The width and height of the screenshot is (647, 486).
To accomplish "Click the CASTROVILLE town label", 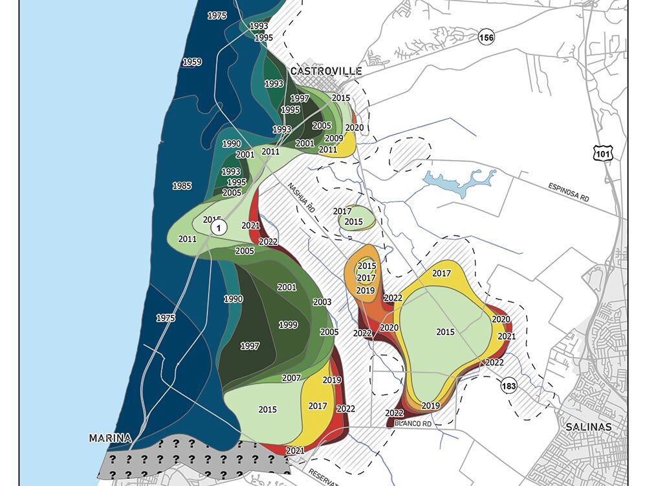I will [325, 71].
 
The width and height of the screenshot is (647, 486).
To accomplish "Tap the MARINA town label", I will [110, 438].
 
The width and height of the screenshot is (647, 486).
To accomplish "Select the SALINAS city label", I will [588, 427].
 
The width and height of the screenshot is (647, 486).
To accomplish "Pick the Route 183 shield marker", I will [509, 386].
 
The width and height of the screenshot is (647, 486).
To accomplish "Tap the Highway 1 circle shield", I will [219, 227].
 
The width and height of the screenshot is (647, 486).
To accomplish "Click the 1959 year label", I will [192, 62].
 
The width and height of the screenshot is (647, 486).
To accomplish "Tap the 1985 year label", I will [182, 186].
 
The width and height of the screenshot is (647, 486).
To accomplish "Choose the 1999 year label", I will [288, 325].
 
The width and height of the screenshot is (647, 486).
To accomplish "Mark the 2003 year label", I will [322, 302].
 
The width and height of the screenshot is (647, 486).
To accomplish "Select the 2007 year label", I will [292, 378].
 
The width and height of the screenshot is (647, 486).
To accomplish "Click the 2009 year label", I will [334, 138].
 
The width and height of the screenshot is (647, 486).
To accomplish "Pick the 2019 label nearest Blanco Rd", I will [431, 406].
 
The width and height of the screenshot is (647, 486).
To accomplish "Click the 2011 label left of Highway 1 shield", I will [187, 238].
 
